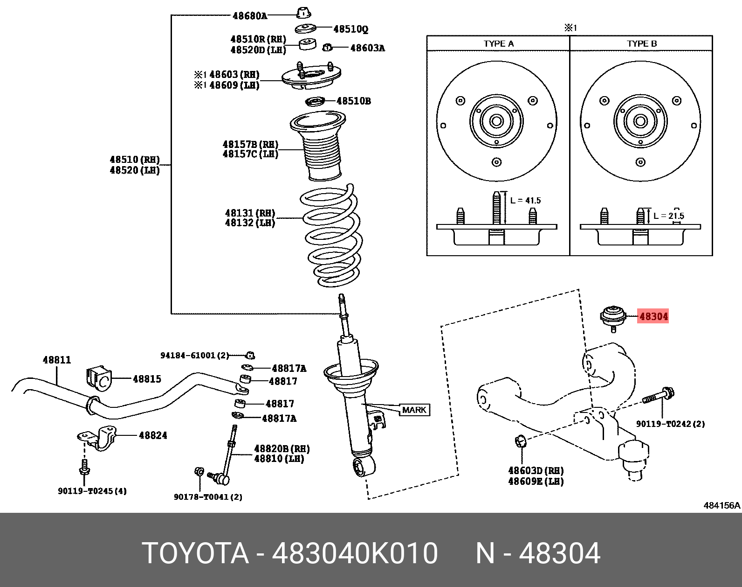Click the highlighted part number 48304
[653, 316]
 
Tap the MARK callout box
[414, 410]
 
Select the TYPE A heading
[498, 44]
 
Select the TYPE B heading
[642, 44]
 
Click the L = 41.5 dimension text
[525, 201]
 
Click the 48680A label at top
[250, 16]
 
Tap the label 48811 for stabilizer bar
[57, 360]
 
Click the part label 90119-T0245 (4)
[92, 491]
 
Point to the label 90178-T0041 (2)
[208, 497]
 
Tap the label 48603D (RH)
[536, 471]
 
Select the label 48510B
[353, 101]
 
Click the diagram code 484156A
[721, 505]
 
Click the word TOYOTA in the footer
[195, 553]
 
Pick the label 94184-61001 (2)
[195, 356]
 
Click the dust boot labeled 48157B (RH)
[319, 147]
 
